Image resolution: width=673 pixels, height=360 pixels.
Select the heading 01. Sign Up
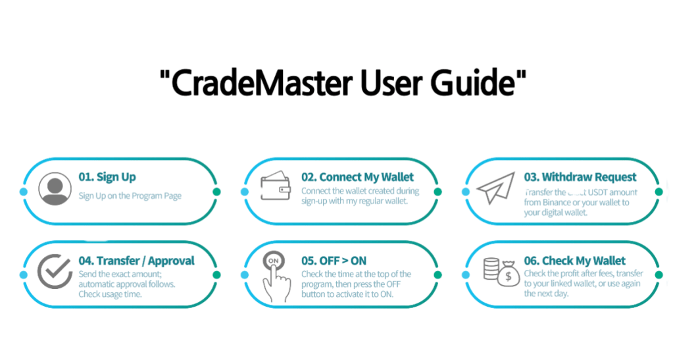[107, 177]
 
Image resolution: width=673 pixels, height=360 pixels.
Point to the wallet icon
[276, 187]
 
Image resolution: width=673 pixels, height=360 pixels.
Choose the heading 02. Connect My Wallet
[357, 177]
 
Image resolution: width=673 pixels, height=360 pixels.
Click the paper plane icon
[495, 188]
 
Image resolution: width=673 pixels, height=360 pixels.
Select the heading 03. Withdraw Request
[580, 177]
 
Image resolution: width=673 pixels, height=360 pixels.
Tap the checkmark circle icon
[55, 271]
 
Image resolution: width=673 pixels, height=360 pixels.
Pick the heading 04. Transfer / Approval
[136, 261]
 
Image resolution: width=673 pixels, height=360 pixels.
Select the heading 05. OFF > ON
[334, 261]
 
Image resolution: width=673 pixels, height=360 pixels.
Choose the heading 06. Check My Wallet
[575, 261]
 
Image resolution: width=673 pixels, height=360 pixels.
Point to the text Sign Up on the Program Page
[130, 195]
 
